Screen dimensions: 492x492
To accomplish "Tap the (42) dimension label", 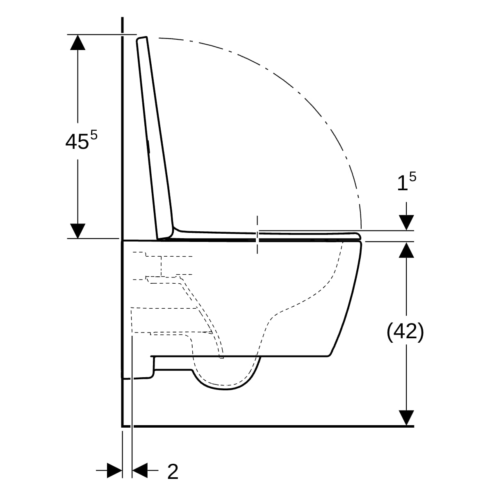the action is coord(405,332).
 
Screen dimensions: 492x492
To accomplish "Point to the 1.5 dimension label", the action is coord(407,182).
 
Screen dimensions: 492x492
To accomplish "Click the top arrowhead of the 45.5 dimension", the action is coord(77,42).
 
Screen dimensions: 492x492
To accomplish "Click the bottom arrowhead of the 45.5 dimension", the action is coord(77,231).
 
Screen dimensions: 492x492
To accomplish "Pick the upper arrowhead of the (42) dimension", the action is coord(406,250).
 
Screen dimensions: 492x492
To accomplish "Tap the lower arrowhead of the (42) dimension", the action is coord(406,418).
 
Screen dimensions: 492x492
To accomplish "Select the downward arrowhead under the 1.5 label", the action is coord(406,222).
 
